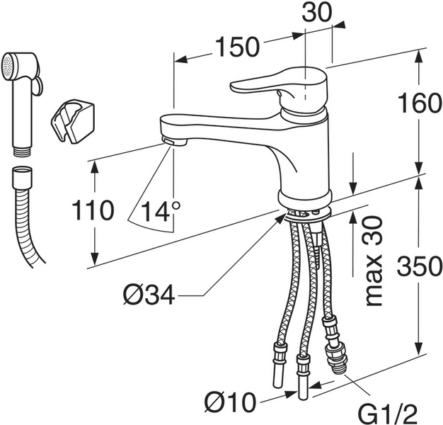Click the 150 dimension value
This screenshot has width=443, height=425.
(237, 47)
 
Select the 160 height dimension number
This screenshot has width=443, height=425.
(420, 103)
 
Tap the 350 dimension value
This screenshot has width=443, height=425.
(420, 266)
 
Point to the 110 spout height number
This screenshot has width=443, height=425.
(93, 210)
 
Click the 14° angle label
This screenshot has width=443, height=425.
(161, 211)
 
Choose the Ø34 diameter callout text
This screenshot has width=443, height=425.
(149, 295)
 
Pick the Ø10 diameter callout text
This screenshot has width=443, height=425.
(230, 402)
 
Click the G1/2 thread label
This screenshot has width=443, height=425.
(388, 414)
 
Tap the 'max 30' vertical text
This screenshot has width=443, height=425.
(374, 261)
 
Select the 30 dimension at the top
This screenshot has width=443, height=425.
(317, 13)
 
